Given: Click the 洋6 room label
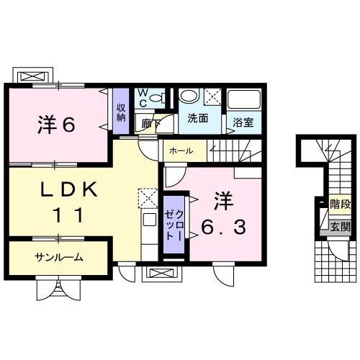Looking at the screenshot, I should [56, 125].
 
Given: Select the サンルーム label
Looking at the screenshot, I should [58, 257].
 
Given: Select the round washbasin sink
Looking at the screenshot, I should [189, 96].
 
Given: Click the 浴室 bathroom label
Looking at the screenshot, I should [243, 122].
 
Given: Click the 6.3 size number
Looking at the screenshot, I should [224, 228].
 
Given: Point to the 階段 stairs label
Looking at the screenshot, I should [339, 204].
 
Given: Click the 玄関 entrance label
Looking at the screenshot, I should [339, 226].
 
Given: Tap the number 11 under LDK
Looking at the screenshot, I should [70, 215].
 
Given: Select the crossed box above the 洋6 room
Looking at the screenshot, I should [34, 76].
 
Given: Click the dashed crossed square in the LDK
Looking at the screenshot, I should [147, 197].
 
